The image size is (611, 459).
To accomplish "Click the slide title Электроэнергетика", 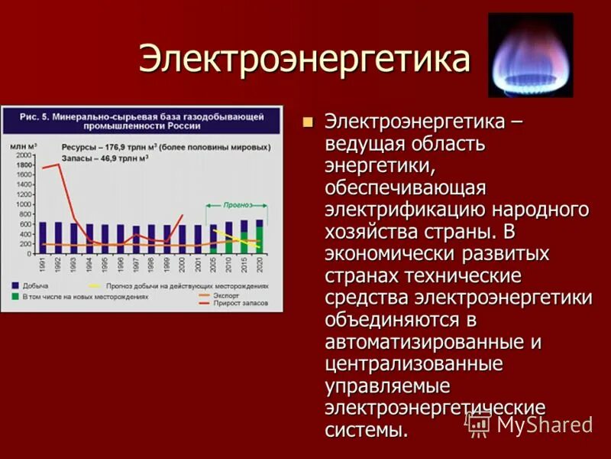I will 303,60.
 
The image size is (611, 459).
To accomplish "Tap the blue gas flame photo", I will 530,54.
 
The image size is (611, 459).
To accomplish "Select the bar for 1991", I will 43,238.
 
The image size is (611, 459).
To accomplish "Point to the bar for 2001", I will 197,239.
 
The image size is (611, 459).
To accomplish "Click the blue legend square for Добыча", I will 15,285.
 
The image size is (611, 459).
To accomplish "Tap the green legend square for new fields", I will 15,295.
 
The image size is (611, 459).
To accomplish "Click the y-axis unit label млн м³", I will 23,145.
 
